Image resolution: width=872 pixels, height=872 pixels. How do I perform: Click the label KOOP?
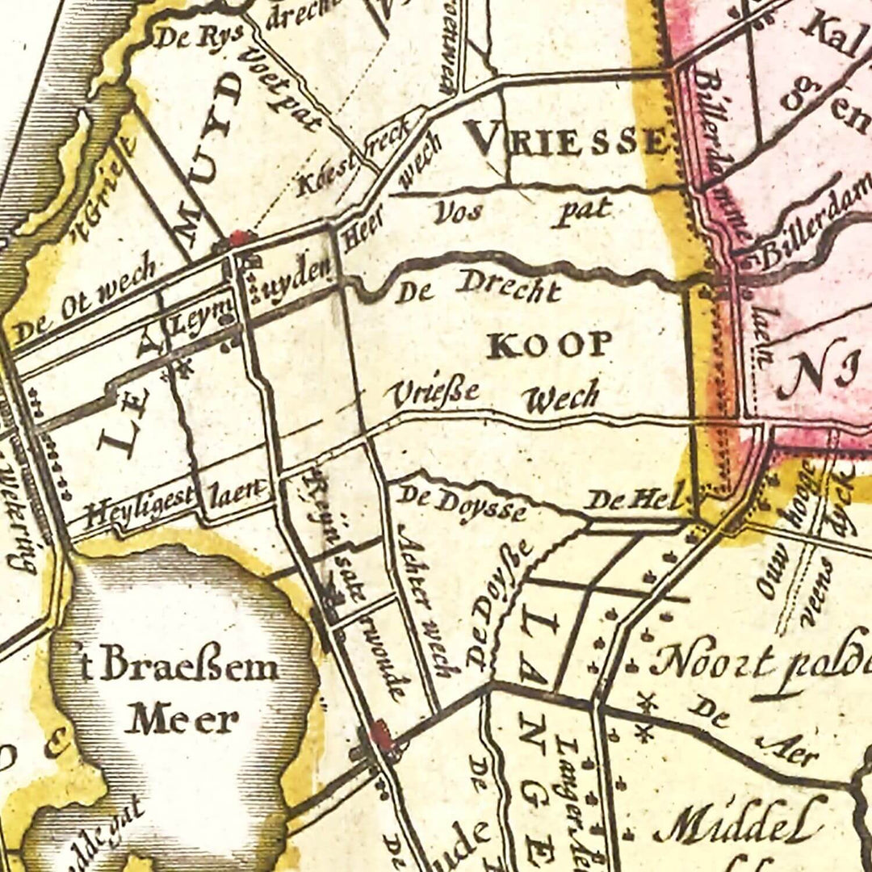click(549, 345)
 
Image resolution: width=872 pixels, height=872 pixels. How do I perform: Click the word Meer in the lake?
click(182, 718)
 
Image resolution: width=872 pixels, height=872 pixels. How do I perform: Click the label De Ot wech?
click(85, 299)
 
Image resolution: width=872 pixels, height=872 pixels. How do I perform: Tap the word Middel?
click(739, 820)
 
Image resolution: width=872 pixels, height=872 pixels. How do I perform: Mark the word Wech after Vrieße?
click(560, 397)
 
